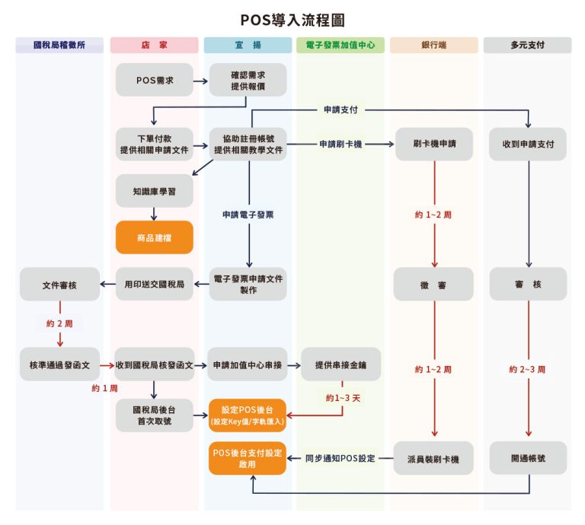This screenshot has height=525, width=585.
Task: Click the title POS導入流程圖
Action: pyautogui.click(x=292, y=19)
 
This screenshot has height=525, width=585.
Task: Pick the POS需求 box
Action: pyautogui.click(x=155, y=80)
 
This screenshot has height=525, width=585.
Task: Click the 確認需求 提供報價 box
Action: pyautogui.click(x=248, y=80)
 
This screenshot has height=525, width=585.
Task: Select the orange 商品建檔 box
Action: pyautogui.click(x=155, y=238)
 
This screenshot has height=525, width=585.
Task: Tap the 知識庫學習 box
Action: pyautogui.click(x=155, y=192)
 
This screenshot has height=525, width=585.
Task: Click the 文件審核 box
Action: pyautogui.click(x=59, y=285)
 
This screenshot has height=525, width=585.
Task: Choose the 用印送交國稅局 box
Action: pyautogui.click(x=155, y=285)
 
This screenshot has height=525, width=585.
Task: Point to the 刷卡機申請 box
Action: pyautogui.click(x=433, y=144)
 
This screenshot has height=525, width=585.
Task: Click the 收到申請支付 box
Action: pyautogui.click(x=528, y=144)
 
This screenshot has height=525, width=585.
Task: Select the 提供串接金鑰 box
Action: pyautogui.click(x=340, y=365)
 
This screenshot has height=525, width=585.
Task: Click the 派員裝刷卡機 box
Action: pyautogui.click(x=433, y=459)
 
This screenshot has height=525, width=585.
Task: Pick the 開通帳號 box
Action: pyautogui.click(x=528, y=459)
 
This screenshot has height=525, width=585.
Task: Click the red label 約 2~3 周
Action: pyautogui.click(x=528, y=369)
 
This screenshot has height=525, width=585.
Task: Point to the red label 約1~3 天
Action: pyautogui.click(x=342, y=398)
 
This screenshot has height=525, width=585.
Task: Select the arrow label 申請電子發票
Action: pyautogui.click(x=248, y=215)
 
